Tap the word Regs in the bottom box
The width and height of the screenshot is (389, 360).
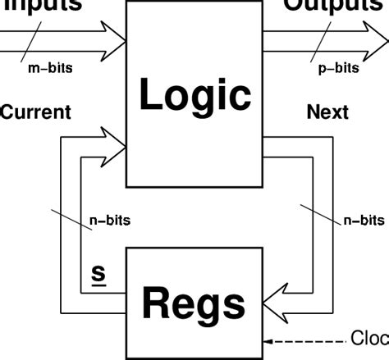[x=194, y=303]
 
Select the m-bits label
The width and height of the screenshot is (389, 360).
[x=49, y=68]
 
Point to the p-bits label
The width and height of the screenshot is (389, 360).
[x=337, y=68]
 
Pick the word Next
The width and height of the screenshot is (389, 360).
[x=327, y=112]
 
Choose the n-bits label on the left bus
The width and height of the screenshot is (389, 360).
[x=109, y=220]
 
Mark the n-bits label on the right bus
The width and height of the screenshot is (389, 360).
[x=363, y=220]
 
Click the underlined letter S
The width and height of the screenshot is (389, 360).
[x=97, y=270]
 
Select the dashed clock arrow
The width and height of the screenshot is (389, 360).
[x=304, y=339]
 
